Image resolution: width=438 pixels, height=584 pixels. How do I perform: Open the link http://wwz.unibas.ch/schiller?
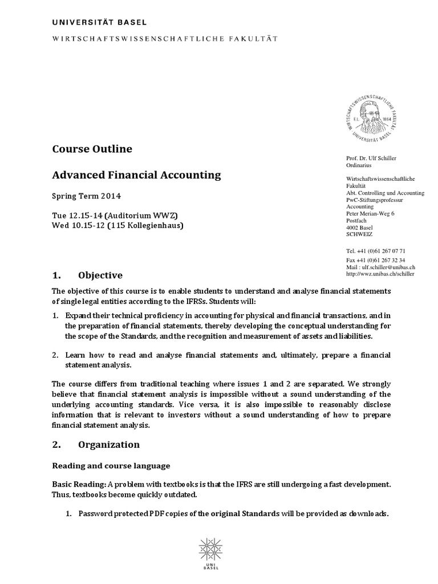point(380,274)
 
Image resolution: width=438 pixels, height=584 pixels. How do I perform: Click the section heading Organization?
point(108,444)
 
